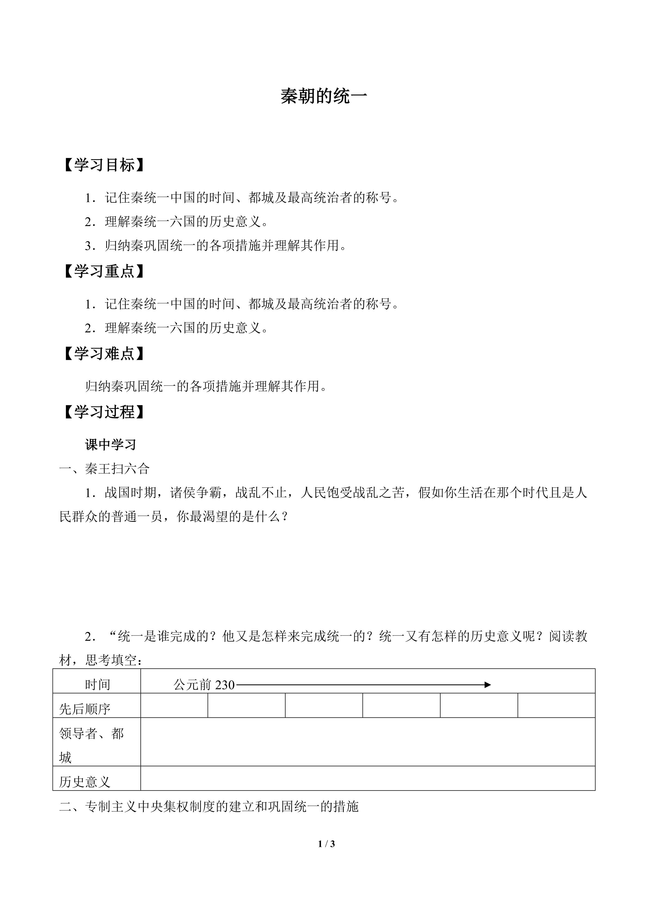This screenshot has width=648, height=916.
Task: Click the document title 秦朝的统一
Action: click(324, 97)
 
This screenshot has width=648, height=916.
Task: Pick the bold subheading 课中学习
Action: click(110, 445)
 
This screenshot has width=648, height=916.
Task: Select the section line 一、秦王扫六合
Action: click(105, 468)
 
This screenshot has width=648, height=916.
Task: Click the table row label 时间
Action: click(97, 684)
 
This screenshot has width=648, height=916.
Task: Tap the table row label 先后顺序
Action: click(85, 709)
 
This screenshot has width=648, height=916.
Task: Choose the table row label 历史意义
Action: click(85, 782)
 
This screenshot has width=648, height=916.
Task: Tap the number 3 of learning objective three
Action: click(88, 246)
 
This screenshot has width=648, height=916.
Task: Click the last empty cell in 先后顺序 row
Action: click(556, 705)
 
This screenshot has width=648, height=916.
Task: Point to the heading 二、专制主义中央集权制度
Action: click(209, 806)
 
